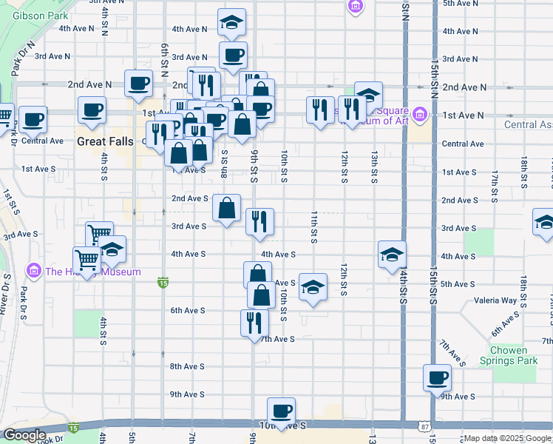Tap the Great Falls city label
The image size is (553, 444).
click(104, 140)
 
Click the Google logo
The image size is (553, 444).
click(25, 435)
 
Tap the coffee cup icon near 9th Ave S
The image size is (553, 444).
click(437, 377)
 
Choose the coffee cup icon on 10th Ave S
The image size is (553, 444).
click(281, 411)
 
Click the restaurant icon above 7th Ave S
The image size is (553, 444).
click(251, 322)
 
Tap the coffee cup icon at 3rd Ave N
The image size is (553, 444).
click(233, 55)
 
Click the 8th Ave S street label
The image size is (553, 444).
click(187, 366)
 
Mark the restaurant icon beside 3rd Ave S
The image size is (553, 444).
click(259, 221)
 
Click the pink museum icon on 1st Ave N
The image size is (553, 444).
click(420, 115)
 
